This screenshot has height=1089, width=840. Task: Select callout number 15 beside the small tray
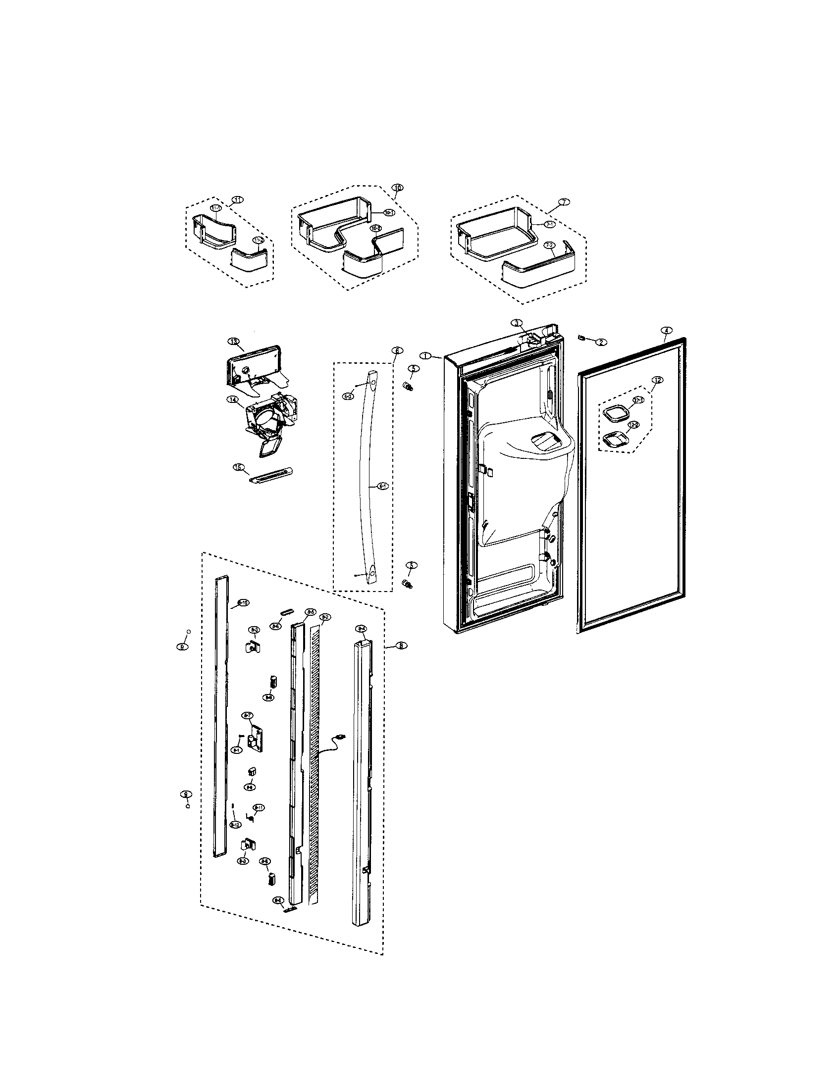(239, 467)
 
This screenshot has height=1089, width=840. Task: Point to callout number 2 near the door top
(601, 342)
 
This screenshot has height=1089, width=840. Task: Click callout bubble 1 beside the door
(425, 355)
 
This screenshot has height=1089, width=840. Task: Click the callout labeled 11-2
(258, 241)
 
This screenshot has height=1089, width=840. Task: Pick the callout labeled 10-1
(389, 212)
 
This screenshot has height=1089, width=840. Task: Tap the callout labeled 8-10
(243, 603)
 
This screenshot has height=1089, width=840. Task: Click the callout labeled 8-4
(362, 629)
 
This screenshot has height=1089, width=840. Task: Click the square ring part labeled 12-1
(614, 413)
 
